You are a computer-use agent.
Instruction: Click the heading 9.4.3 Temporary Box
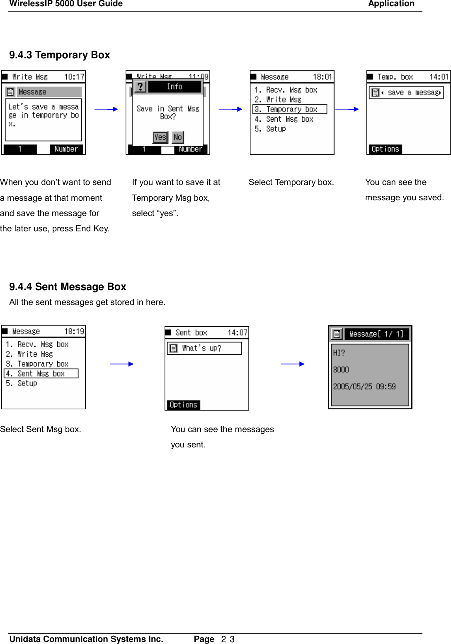coord(59,55)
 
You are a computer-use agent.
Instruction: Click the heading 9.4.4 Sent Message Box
coord(68,287)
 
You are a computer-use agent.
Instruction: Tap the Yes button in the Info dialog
coord(160,137)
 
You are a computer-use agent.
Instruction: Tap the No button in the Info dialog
coord(178,137)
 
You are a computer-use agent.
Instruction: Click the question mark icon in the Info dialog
coord(141,87)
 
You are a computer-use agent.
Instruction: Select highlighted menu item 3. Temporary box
coord(290,109)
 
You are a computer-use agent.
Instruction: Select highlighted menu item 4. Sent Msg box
coord(41,374)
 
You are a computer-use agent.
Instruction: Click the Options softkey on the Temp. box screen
coord(385,149)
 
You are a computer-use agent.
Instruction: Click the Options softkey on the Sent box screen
coord(183,405)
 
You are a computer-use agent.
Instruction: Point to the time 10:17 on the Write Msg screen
coord(74,77)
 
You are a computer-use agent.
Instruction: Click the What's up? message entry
coord(204,348)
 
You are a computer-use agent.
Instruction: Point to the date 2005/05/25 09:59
coord(364,387)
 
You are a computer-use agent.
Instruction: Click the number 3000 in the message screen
coord(341,370)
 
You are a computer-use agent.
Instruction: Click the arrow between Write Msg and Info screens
coord(106,109)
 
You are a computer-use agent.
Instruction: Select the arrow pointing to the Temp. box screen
coord(347,109)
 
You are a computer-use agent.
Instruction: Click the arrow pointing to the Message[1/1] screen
coord(293,364)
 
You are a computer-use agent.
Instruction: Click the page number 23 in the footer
coord(228,639)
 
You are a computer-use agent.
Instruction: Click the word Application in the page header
coord(391,4)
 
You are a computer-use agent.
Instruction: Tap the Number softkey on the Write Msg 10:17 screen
coord(66,149)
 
